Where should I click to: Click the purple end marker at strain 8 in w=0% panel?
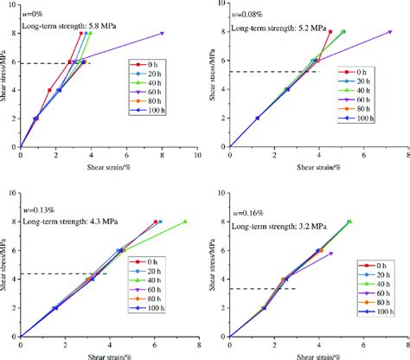[162, 33]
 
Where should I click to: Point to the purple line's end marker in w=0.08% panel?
[390, 33]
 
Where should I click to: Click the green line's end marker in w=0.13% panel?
[185, 222]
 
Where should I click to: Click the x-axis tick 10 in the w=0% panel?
[197, 157]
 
